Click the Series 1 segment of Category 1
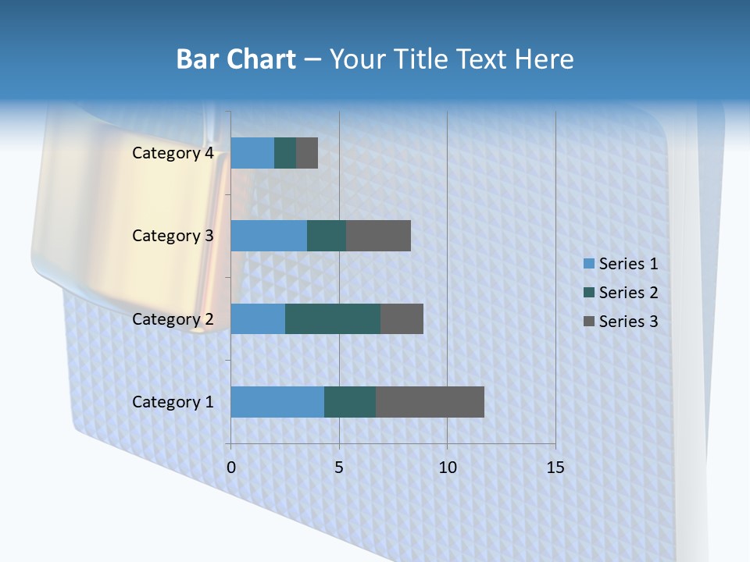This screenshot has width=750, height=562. [x=277, y=402]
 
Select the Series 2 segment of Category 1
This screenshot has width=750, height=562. [x=350, y=402]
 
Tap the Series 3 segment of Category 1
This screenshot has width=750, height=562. [x=430, y=402]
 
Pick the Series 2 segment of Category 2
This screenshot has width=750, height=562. [x=333, y=318]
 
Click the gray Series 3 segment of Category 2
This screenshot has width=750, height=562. [x=402, y=318]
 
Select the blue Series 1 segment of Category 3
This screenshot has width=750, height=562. [x=269, y=236]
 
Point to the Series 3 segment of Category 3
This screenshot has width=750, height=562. [x=378, y=236]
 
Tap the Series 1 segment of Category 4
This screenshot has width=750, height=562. [x=252, y=153]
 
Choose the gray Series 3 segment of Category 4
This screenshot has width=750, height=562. [x=307, y=153]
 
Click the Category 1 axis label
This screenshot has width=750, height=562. [x=173, y=402]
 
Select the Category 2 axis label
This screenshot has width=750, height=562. [x=173, y=318]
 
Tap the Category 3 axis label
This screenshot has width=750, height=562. [x=173, y=236]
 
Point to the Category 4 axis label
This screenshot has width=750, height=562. [x=173, y=153]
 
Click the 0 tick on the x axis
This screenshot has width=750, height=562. [x=231, y=468]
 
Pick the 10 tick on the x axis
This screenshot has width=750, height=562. [x=447, y=468]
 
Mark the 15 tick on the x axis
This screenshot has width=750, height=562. [x=555, y=468]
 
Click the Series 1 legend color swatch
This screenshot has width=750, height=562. [x=588, y=264]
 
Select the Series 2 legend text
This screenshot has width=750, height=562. [x=628, y=293]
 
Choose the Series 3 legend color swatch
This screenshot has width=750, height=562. [x=588, y=322]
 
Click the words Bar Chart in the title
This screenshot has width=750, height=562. [x=236, y=59]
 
